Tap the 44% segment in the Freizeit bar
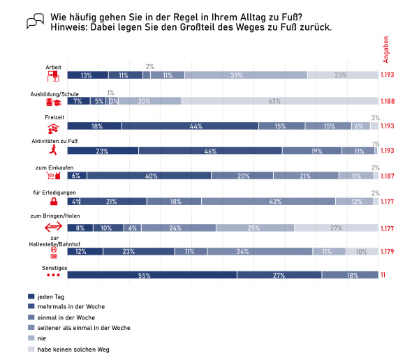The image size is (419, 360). tap(190, 126)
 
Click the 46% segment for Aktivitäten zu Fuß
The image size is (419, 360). tap(210, 151)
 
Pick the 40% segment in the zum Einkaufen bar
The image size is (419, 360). tap(149, 177)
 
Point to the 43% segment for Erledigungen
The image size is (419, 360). tap(268, 202)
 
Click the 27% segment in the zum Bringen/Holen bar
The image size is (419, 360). tap(336, 227)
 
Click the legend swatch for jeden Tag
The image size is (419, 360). tap(30, 296)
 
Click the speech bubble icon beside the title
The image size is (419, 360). tap(35, 22)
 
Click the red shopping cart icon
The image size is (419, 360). tap(53, 175)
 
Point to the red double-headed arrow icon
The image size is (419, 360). tap(54, 227)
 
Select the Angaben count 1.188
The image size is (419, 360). tap(388, 101)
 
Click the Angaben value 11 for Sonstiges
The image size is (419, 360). tap(383, 276)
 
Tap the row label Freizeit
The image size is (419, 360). tap(55, 117)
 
